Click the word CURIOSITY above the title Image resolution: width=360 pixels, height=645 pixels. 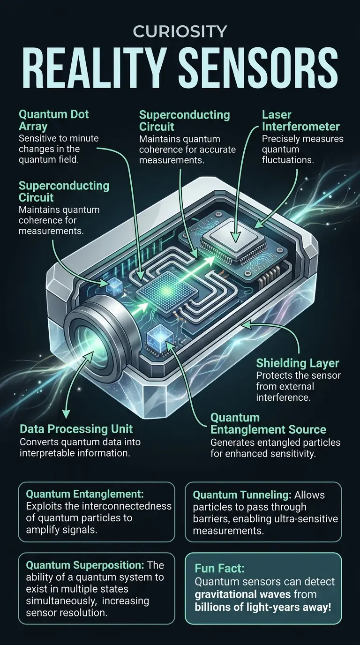(x=180, y=31)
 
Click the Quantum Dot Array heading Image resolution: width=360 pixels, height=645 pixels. (x=53, y=120)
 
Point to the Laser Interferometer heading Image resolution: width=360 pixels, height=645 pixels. (x=300, y=120)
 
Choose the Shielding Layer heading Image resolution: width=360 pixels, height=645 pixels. (x=298, y=363)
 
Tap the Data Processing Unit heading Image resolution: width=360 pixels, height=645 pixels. (x=76, y=429)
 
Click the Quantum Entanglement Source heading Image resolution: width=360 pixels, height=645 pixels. (x=268, y=423)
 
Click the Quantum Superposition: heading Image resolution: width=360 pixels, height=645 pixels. (x=82, y=564)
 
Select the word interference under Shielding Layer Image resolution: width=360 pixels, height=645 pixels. (x=283, y=397)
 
